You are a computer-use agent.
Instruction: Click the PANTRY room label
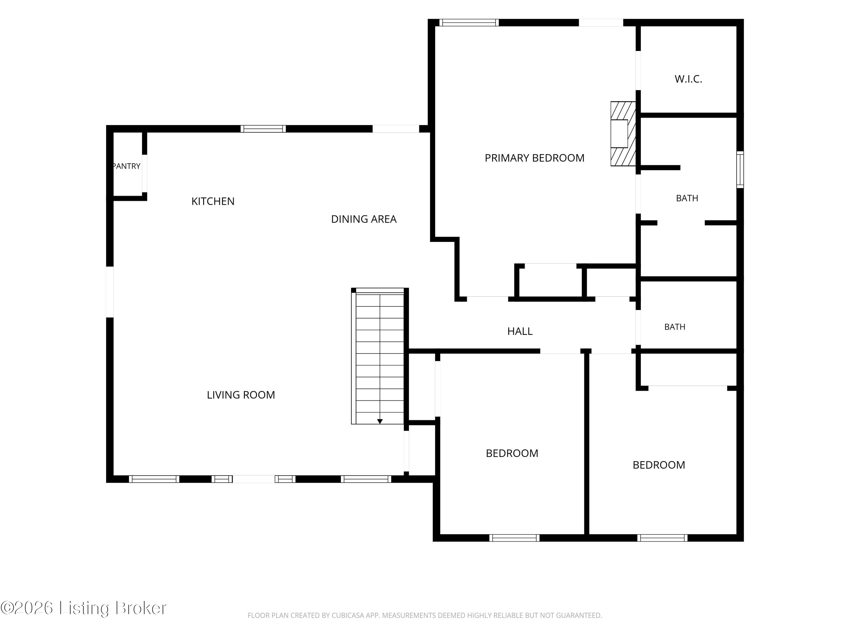click(126, 166)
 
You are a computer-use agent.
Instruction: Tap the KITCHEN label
click(213, 201)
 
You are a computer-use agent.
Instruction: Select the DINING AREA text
click(364, 219)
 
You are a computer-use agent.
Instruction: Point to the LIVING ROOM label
click(241, 395)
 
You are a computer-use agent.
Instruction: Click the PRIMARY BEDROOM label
click(535, 158)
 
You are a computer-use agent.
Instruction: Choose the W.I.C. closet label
click(688, 79)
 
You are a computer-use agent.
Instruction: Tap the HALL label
click(520, 331)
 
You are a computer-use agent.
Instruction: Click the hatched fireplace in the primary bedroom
click(623, 134)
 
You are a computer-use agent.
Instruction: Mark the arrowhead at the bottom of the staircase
click(380, 422)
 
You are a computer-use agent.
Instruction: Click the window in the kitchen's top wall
click(263, 129)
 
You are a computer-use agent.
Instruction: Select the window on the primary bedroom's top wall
click(469, 23)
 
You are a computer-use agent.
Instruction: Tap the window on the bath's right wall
click(740, 170)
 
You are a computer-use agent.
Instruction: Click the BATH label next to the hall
click(675, 327)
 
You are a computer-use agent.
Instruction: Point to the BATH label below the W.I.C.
click(687, 198)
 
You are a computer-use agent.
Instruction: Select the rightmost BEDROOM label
click(659, 465)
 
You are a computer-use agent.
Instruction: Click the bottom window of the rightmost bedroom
click(662, 538)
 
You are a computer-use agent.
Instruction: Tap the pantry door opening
click(144, 174)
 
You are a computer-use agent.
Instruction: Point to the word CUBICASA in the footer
click(348, 615)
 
